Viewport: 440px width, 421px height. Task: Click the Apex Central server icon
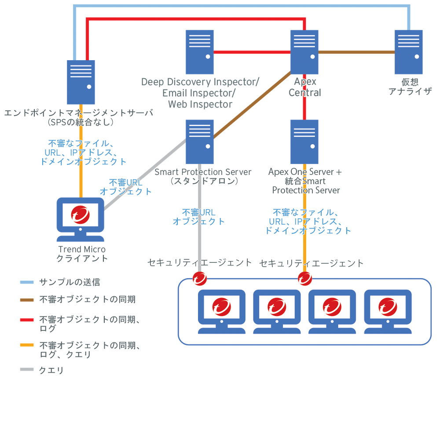coord(304,51)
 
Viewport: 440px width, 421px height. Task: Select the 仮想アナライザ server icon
coord(408,51)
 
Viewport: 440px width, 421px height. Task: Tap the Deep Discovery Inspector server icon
coord(199,51)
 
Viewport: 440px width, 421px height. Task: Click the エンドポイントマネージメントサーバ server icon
coord(81,82)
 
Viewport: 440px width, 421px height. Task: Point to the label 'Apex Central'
coord(304,87)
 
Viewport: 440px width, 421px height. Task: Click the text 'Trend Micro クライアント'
coord(82,254)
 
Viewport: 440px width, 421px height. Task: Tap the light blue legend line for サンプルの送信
coord(27,282)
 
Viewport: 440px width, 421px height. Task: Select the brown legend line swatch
coord(27,300)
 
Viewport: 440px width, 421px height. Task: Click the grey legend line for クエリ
coord(27,370)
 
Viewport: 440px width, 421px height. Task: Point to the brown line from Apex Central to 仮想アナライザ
coord(356,52)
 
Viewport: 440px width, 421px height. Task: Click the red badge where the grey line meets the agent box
coord(199,278)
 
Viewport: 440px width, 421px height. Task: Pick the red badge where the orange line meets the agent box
coord(304,278)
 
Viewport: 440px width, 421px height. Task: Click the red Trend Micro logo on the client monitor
coord(81,215)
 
